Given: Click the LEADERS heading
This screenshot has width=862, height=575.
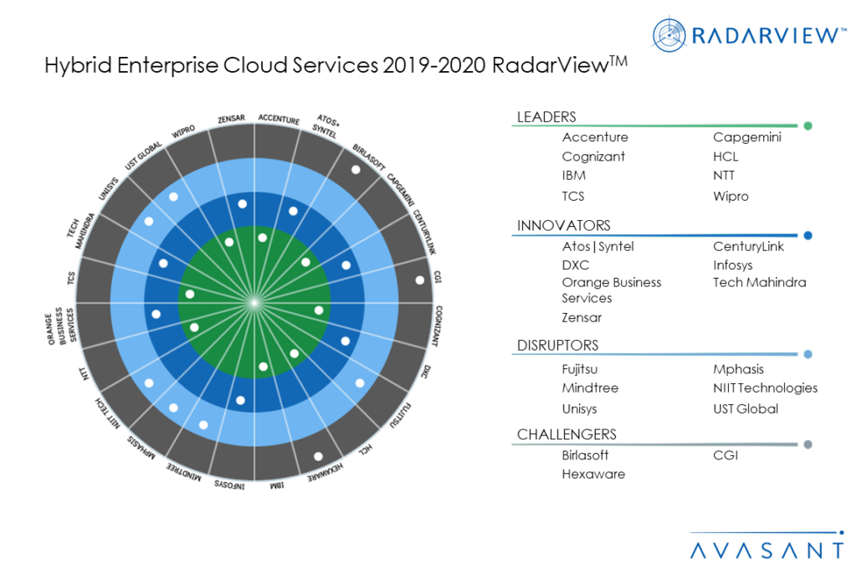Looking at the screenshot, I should (546, 117).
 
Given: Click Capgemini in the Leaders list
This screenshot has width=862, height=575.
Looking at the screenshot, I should (747, 137).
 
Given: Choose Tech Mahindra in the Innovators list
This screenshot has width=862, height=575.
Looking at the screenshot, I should (759, 282).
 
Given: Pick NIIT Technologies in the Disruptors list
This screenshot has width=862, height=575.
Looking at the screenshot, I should (765, 388).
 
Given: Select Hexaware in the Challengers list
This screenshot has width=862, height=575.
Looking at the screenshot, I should (593, 474).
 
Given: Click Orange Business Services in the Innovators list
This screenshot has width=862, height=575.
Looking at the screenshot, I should (611, 290).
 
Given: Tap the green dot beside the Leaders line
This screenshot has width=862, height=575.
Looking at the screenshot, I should (808, 126).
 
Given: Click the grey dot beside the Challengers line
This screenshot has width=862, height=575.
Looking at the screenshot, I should (808, 444).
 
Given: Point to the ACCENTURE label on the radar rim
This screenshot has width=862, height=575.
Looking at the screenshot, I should (278, 121).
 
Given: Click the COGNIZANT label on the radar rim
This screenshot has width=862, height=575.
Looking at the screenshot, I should (438, 326).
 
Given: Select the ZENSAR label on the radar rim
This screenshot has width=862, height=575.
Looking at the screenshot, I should (230, 119).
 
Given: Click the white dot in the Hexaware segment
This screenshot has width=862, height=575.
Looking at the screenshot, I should (318, 456).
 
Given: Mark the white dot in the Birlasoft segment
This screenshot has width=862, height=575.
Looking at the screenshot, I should (355, 170).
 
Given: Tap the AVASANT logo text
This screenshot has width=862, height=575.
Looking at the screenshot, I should (767, 550).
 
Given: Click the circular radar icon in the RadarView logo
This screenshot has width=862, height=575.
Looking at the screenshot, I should (670, 34).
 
